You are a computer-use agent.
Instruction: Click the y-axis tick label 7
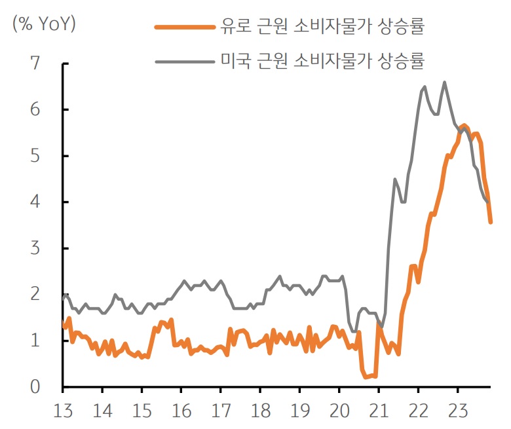coord(35,64)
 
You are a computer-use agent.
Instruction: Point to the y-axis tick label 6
coord(35,110)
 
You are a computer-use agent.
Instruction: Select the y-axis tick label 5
coord(35,157)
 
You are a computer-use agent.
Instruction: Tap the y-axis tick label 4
coord(35,202)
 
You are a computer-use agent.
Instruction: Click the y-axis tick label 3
coord(35,249)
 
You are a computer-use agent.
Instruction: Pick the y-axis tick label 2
coord(35,295)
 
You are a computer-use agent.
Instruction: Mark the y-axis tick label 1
coord(35,341)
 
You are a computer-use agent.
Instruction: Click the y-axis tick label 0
coord(35,387)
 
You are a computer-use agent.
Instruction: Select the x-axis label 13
coord(62,412)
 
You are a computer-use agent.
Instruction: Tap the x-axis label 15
coord(142,412)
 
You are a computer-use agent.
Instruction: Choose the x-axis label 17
coord(221,412)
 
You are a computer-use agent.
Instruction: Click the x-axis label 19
coord(299,412)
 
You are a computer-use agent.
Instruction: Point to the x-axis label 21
coord(379,412)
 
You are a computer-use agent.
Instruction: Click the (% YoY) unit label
coord(44,25)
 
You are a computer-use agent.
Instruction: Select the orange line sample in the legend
coord(185,27)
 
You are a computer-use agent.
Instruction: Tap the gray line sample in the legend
coord(185,62)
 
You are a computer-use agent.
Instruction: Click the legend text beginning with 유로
coord(323,27)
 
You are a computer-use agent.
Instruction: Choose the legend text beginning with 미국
coord(323,62)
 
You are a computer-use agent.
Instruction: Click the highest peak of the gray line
coord(445,83)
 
